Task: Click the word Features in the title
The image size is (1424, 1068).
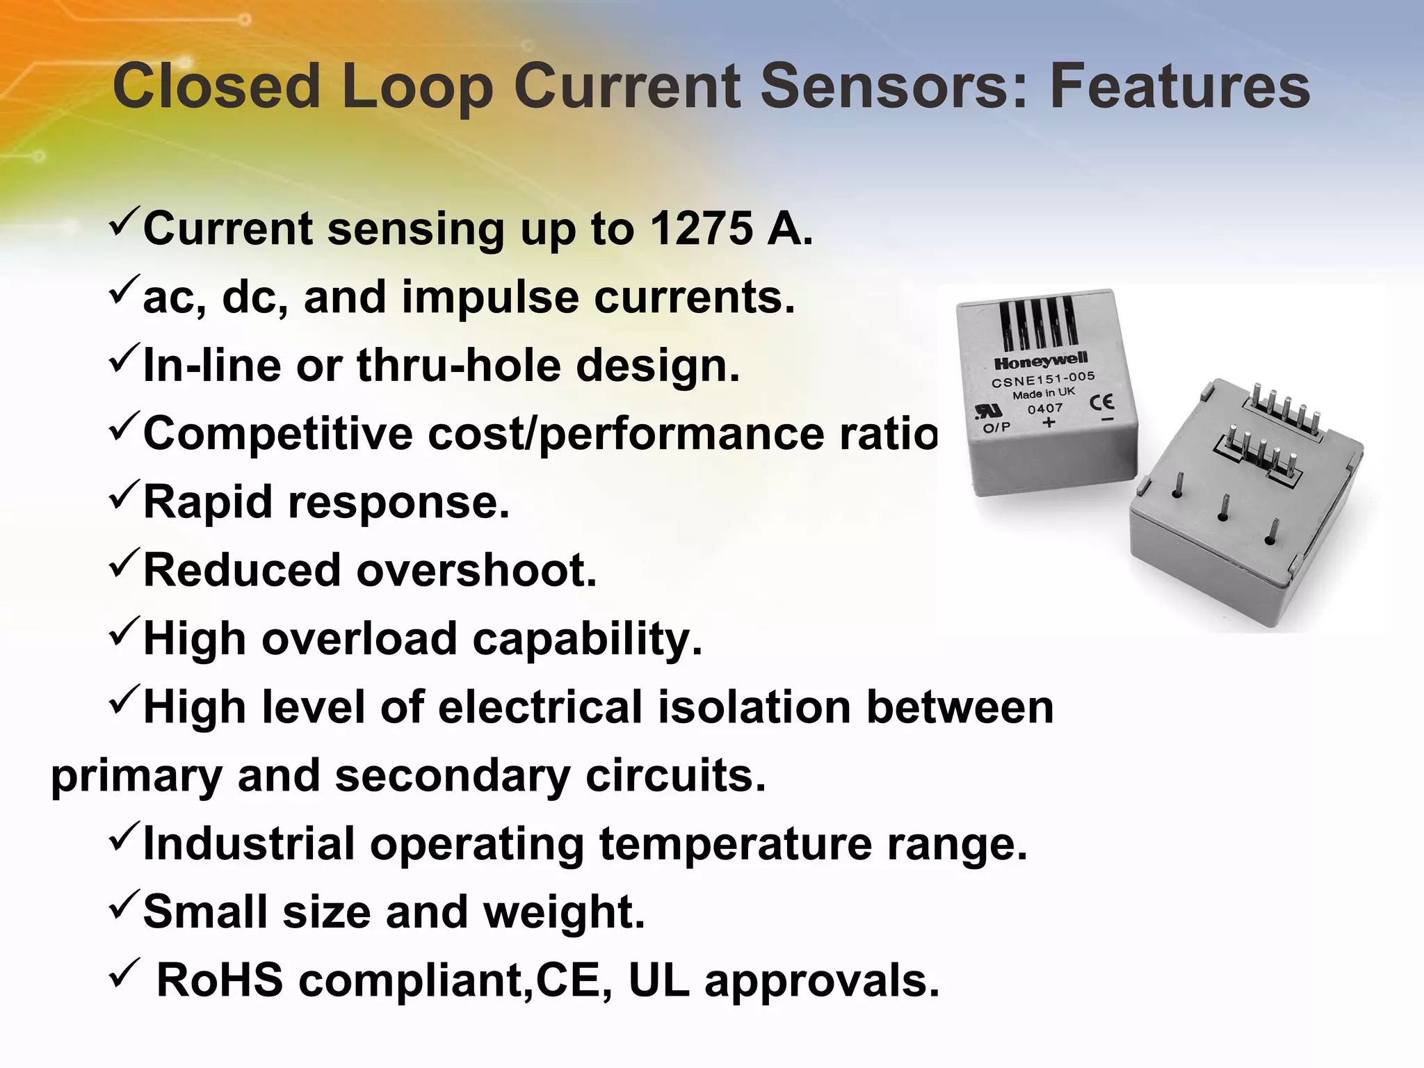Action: click(x=1179, y=86)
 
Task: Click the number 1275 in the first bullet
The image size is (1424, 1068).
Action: click(x=701, y=228)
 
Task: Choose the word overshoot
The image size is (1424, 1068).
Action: click(x=477, y=570)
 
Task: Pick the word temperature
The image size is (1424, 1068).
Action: click(x=736, y=843)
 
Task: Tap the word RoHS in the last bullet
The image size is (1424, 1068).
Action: click(x=220, y=980)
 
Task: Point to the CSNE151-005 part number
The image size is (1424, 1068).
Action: click(x=1043, y=380)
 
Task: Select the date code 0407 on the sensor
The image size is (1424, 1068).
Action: click(x=1045, y=408)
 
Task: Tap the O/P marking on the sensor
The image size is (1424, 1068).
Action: click(x=996, y=427)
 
